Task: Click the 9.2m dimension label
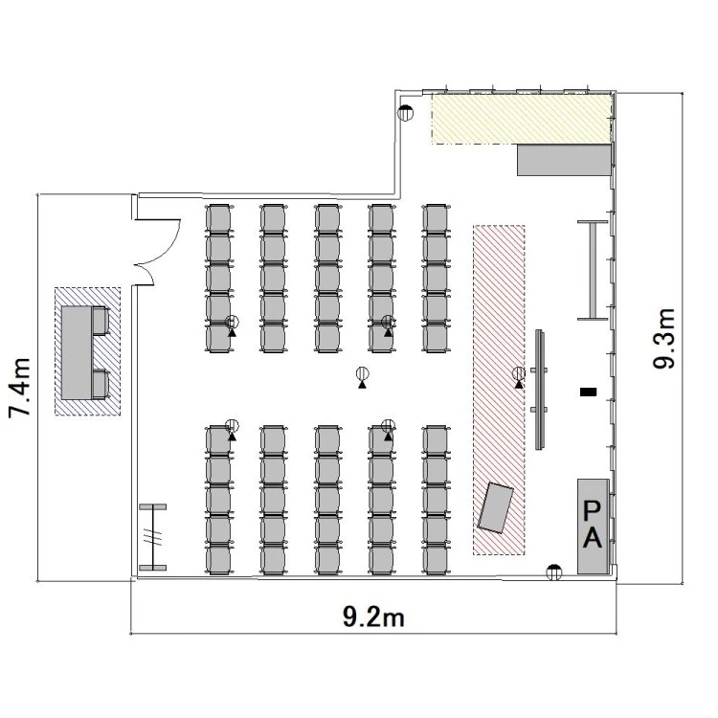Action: pyautogui.click(x=373, y=617)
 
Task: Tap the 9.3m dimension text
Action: pyautogui.click(x=664, y=338)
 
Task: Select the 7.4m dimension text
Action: pyautogui.click(x=20, y=388)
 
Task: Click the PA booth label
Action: pyautogui.click(x=592, y=525)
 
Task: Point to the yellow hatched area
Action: pyautogui.click(x=522, y=118)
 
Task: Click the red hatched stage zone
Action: pyautogui.click(x=499, y=391)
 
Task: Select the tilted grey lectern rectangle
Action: pyautogui.click(x=496, y=507)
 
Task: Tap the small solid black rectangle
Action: pyautogui.click(x=589, y=392)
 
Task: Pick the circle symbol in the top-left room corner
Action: pyautogui.click(x=405, y=112)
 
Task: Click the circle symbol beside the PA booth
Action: pyautogui.click(x=554, y=572)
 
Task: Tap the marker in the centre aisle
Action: pyautogui.click(x=362, y=377)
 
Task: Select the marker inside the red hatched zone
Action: pyautogui.click(x=519, y=377)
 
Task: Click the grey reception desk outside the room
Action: pyautogui.click(x=77, y=352)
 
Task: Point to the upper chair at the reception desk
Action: pyautogui.click(x=101, y=321)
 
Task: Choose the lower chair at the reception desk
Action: pyautogui.click(x=101, y=384)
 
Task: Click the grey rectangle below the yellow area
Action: pyautogui.click(x=565, y=160)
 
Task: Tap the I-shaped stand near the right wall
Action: pyautogui.click(x=593, y=270)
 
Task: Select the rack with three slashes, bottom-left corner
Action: pyautogui.click(x=153, y=537)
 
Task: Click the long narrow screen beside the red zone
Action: pyautogui.click(x=540, y=390)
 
